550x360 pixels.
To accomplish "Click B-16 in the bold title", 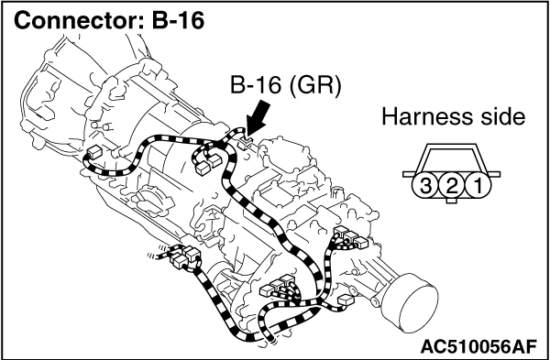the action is pos(178,21).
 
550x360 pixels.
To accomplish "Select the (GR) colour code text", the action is pos(314,87).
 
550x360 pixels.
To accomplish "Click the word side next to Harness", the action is pos(503,116).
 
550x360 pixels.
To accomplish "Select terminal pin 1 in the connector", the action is pos(478,185).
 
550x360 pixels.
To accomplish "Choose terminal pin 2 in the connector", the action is pos(452,185).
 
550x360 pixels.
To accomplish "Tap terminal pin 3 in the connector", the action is pos(426,185).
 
